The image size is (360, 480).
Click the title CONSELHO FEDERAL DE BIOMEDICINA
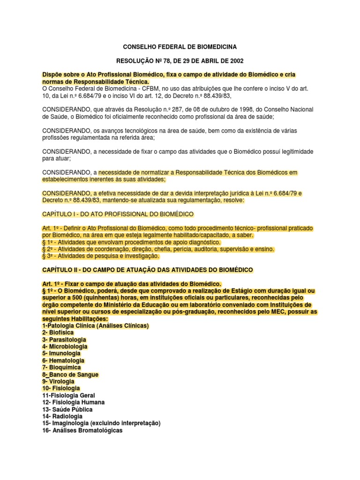[x=180, y=47]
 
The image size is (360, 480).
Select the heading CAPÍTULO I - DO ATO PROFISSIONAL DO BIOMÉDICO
[x=118, y=214]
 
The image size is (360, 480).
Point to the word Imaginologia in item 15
[x=72, y=423]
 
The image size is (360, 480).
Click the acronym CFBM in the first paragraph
[x=147, y=88]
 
